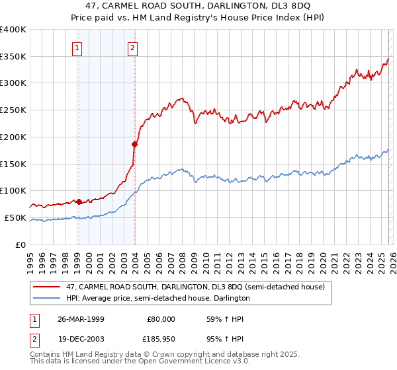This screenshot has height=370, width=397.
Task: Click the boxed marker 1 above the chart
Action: click(x=78, y=47)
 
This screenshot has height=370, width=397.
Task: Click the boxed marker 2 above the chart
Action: click(x=133, y=47)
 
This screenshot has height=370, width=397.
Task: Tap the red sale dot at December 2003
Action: click(x=134, y=143)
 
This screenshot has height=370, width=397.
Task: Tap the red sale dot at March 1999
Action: click(x=79, y=201)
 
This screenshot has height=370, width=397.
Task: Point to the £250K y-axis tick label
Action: click(x=13, y=110)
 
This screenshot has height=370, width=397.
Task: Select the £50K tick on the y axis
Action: click(x=15, y=217)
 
